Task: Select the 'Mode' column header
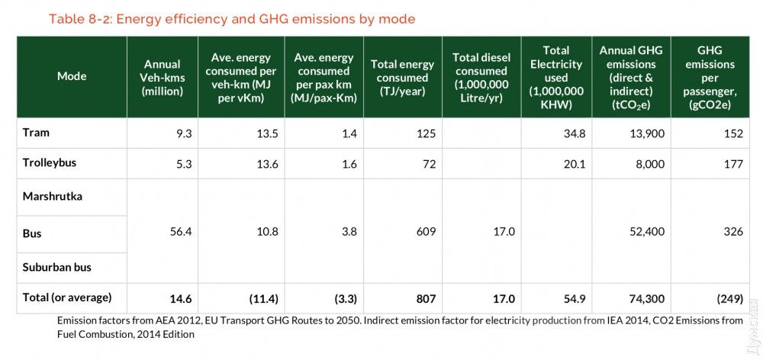[x=72, y=76]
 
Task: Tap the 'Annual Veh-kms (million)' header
[x=162, y=77]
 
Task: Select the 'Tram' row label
[x=36, y=133]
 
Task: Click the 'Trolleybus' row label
[x=50, y=163]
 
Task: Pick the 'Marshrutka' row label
[x=53, y=197]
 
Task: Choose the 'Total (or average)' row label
[x=67, y=297]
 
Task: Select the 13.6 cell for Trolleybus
[x=259, y=164]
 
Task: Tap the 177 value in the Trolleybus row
[x=733, y=164]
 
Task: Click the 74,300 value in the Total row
[x=645, y=298]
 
